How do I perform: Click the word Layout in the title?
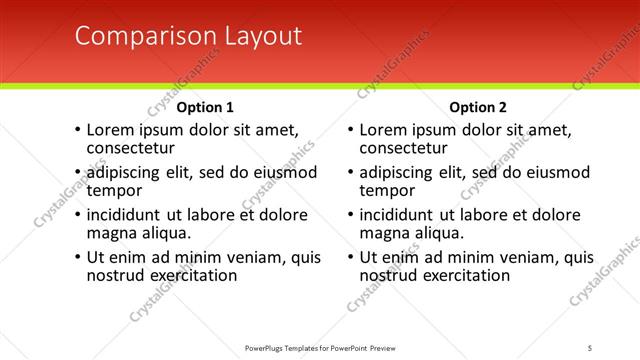tap(257, 36)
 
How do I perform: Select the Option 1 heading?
tap(205, 107)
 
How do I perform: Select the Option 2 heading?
tap(478, 107)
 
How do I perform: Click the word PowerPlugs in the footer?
tap(268, 347)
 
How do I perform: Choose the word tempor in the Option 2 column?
tap(387, 190)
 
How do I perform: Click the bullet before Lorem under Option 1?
tap(77, 130)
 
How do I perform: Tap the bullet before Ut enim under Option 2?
tap(349, 258)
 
